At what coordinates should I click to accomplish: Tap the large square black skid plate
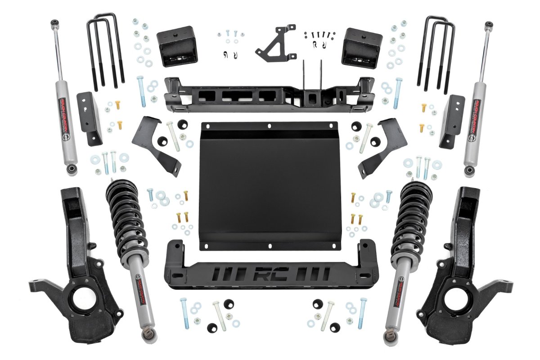point(269,184)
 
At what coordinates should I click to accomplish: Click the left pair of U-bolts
point(106,52)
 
